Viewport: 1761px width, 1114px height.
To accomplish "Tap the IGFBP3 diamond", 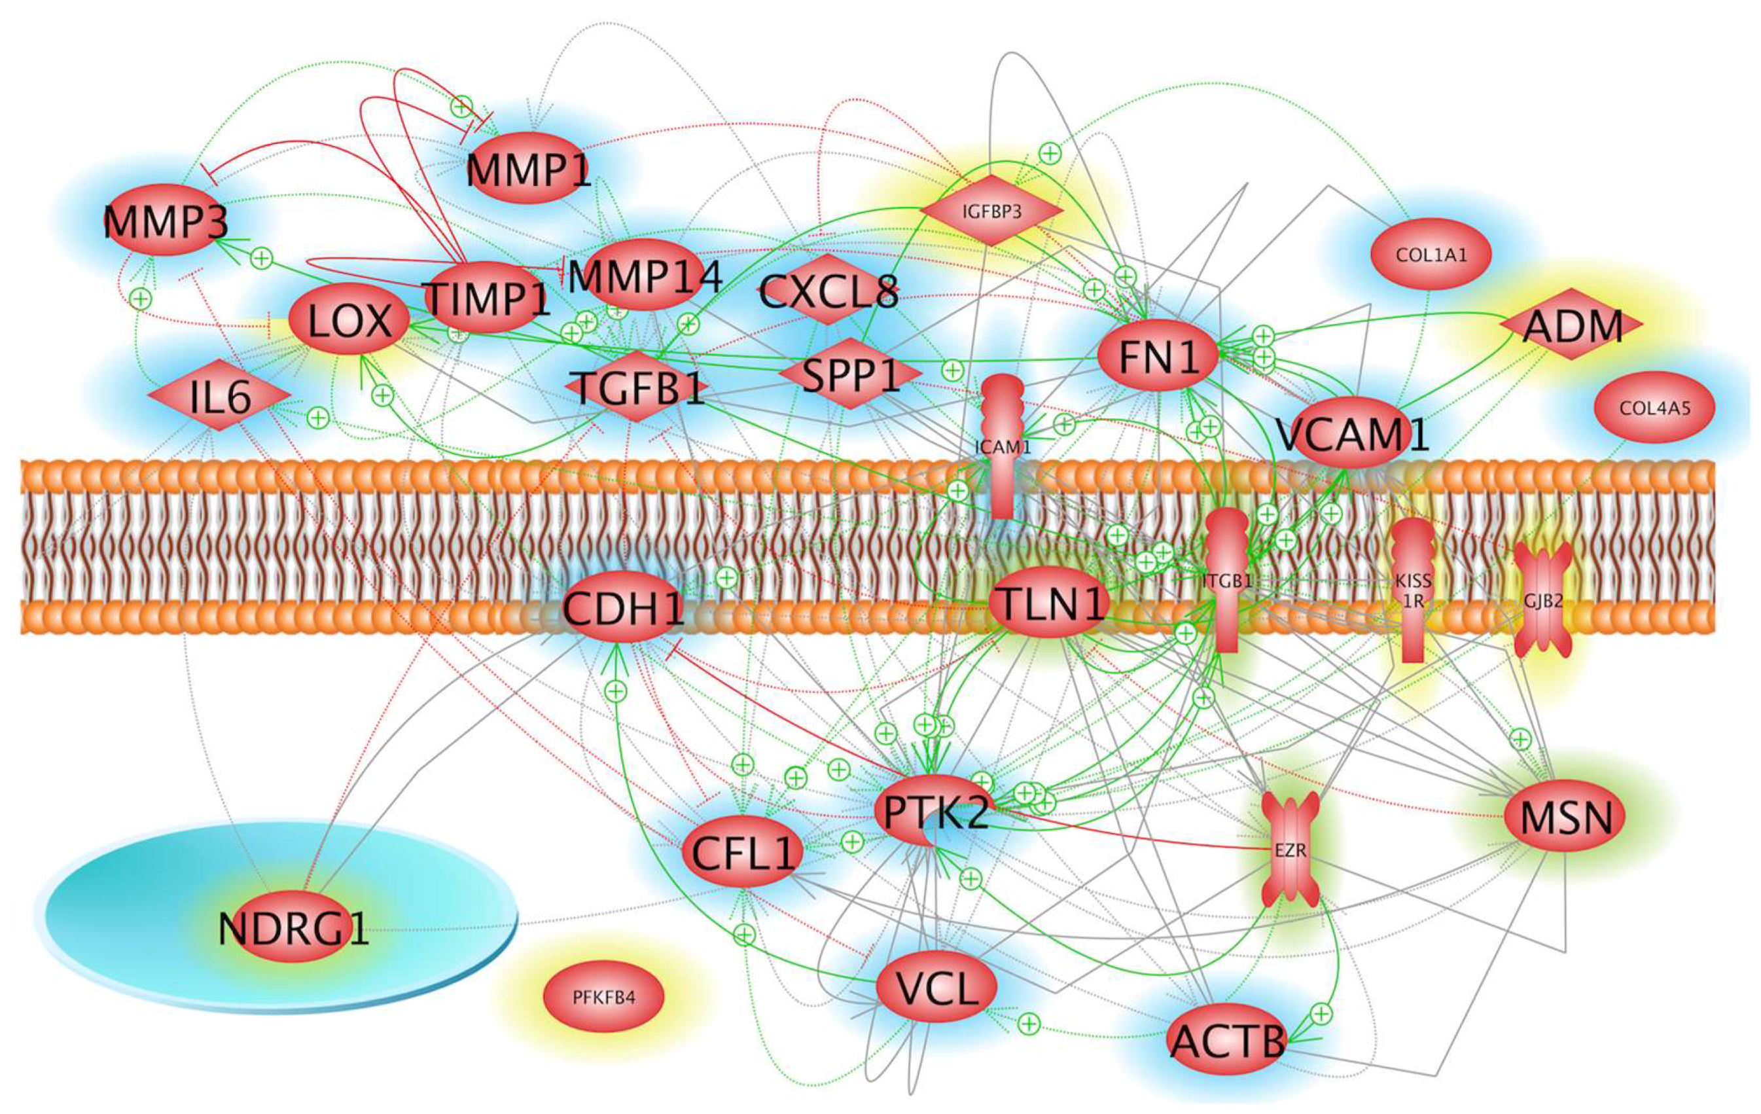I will pyautogui.click(x=991, y=211).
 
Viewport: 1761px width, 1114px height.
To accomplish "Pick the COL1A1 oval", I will pyautogui.click(x=1431, y=254).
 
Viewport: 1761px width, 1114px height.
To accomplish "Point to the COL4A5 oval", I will pyautogui.click(x=1654, y=406).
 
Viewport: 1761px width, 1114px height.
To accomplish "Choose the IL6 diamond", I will pyautogui.click(x=219, y=396).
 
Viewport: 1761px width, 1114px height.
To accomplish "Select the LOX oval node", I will pyautogui.click(x=349, y=319).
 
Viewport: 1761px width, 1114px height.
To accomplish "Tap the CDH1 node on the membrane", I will pyautogui.click(x=623, y=608).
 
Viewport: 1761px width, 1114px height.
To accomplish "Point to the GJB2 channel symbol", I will pyautogui.click(x=1542, y=600).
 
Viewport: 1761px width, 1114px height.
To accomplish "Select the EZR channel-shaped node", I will pyautogui.click(x=1290, y=849).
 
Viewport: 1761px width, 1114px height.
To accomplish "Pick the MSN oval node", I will pyautogui.click(x=1565, y=816).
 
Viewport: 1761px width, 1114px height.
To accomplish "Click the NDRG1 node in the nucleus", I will pyautogui.click(x=293, y=927).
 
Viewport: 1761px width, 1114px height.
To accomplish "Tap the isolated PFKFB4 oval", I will pyautogui.click(x=603, y=996).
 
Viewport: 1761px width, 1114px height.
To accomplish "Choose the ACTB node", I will pyautogui.click(x=1227, y=1039).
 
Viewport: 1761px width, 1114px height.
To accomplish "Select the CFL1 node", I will pyautogui.click(x=742, y=852).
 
